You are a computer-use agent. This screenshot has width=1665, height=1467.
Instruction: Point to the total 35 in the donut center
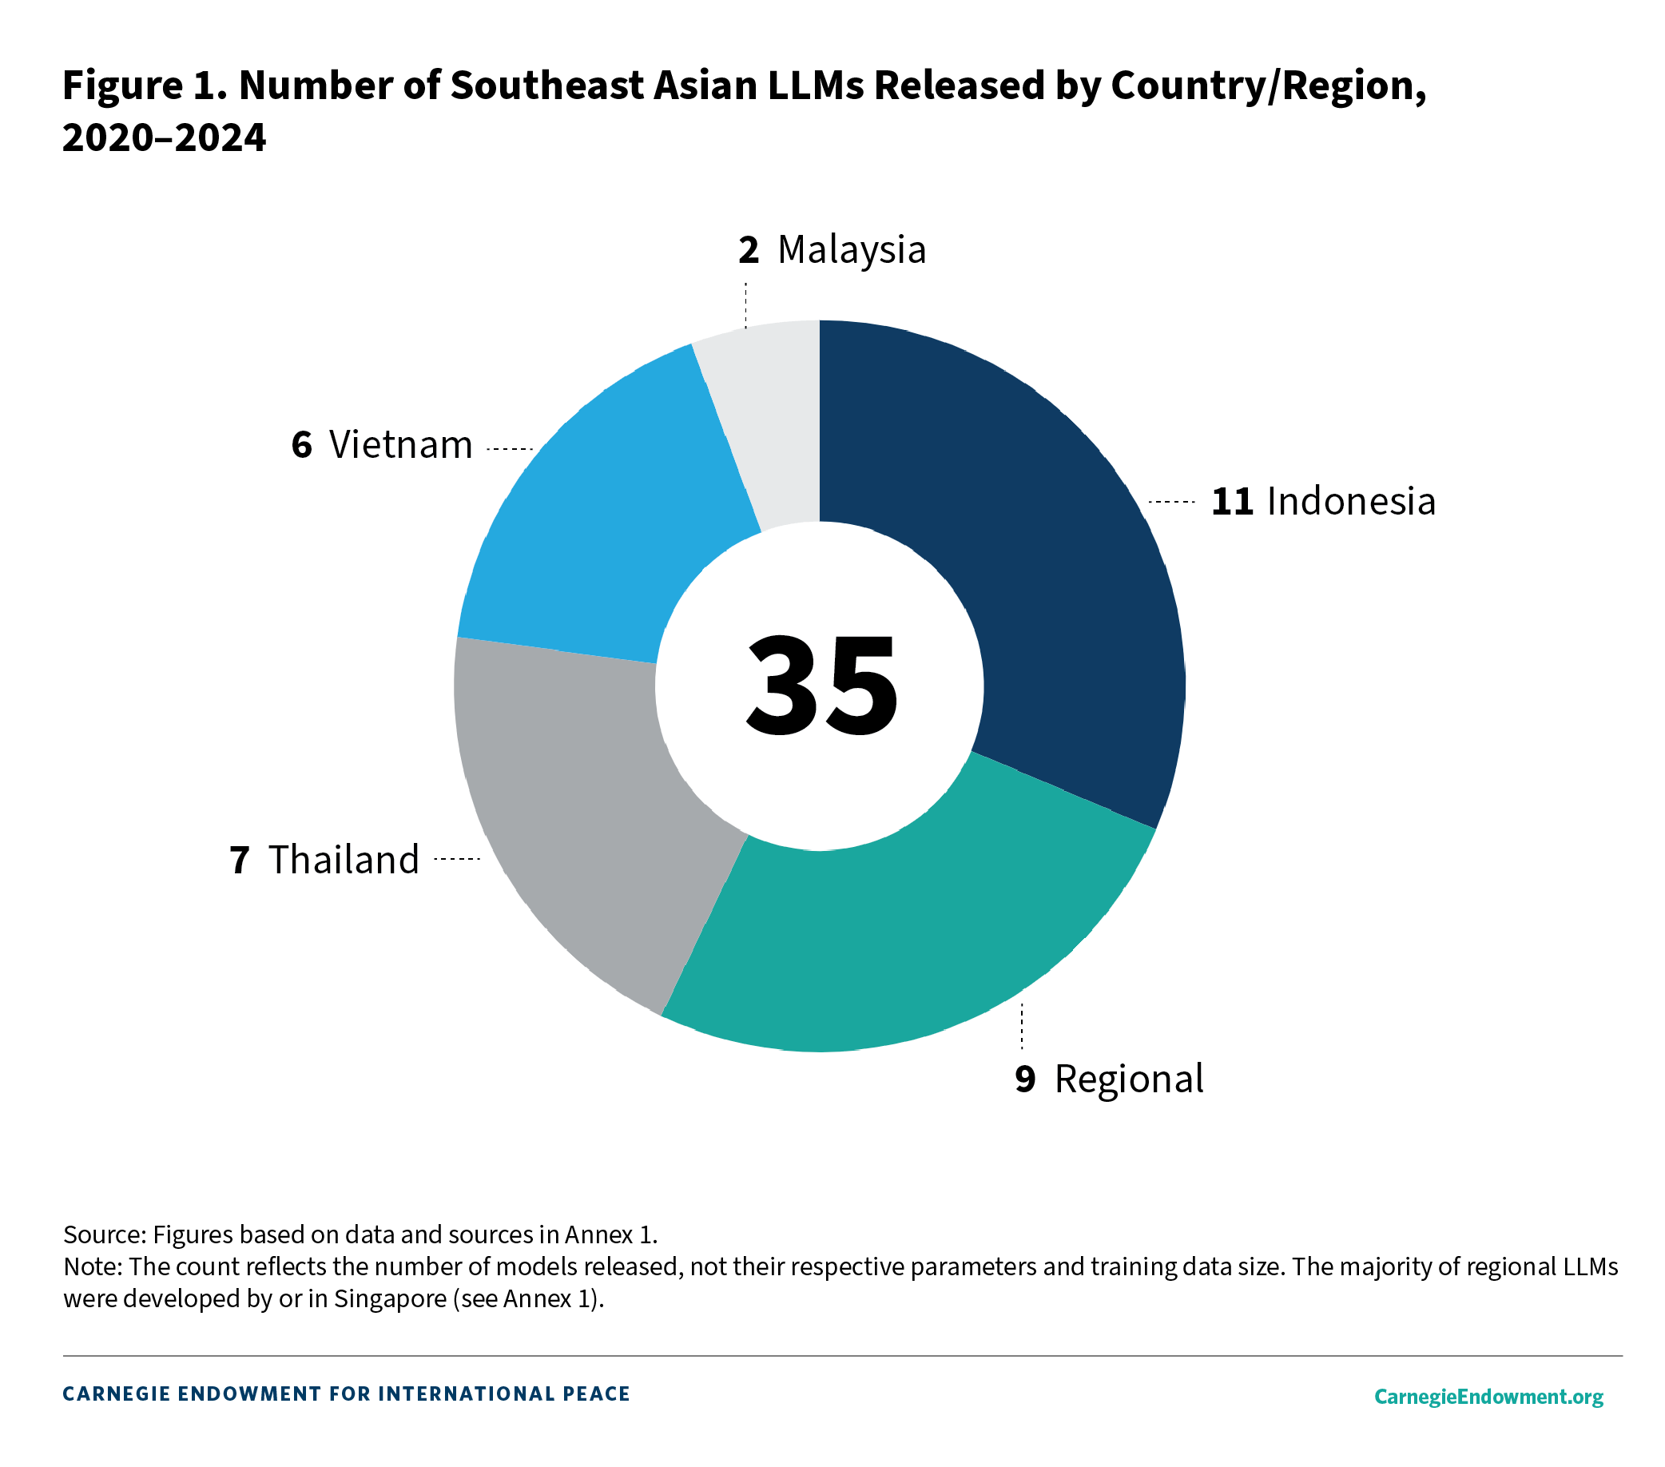[821, 686]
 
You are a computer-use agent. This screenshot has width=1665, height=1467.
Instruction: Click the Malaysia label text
[851, 250]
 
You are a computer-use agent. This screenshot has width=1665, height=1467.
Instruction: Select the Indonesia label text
[1350, 501]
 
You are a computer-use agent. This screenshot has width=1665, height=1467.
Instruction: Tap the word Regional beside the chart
[1128, 1079]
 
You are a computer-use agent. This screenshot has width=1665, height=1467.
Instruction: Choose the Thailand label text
[344, 860]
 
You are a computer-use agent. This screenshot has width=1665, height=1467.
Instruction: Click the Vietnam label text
[401, 445]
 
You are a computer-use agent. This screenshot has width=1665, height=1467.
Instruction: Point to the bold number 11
[1232, 502]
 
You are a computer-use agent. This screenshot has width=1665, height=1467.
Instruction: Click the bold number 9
[1025, 1079]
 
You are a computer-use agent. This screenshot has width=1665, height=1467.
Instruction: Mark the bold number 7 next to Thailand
[240, 861]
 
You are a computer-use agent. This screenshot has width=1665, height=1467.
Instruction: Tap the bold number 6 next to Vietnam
[301, 445]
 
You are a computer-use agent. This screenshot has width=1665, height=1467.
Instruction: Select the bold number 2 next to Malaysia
[749, 250]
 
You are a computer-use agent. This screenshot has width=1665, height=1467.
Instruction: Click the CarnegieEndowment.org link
[1488, 1396]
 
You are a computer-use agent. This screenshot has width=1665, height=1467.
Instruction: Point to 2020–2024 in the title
[164, 137]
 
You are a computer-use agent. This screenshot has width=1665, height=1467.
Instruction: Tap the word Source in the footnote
[102, 1234]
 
